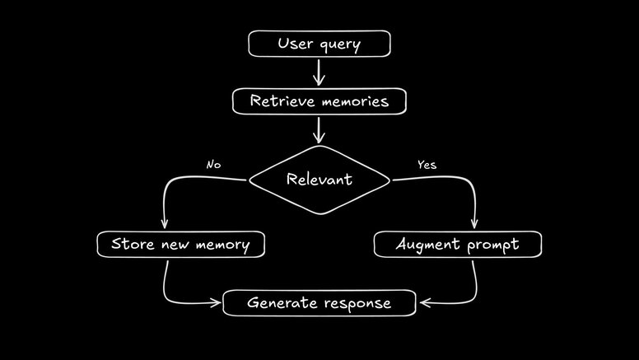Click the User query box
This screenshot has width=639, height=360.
click(319, 44)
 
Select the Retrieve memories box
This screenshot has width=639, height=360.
click(319, 101)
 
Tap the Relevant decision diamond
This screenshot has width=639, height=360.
click(319, 179)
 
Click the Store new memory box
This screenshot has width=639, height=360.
click(180, 245)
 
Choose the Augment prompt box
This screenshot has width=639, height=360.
click(458, 245)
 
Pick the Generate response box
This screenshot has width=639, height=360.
click(319, 303)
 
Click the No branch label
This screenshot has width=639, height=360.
click(213, 165)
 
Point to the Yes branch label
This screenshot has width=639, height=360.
click(427, 165)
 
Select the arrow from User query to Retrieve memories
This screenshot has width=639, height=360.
click(319, 72)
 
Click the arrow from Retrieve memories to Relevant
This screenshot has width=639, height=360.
click(319, 129)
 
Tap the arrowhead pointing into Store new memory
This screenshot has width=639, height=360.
click(165, 225)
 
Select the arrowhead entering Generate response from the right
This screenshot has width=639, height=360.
click(422, 303)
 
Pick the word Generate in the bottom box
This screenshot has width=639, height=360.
click(278, 303)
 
